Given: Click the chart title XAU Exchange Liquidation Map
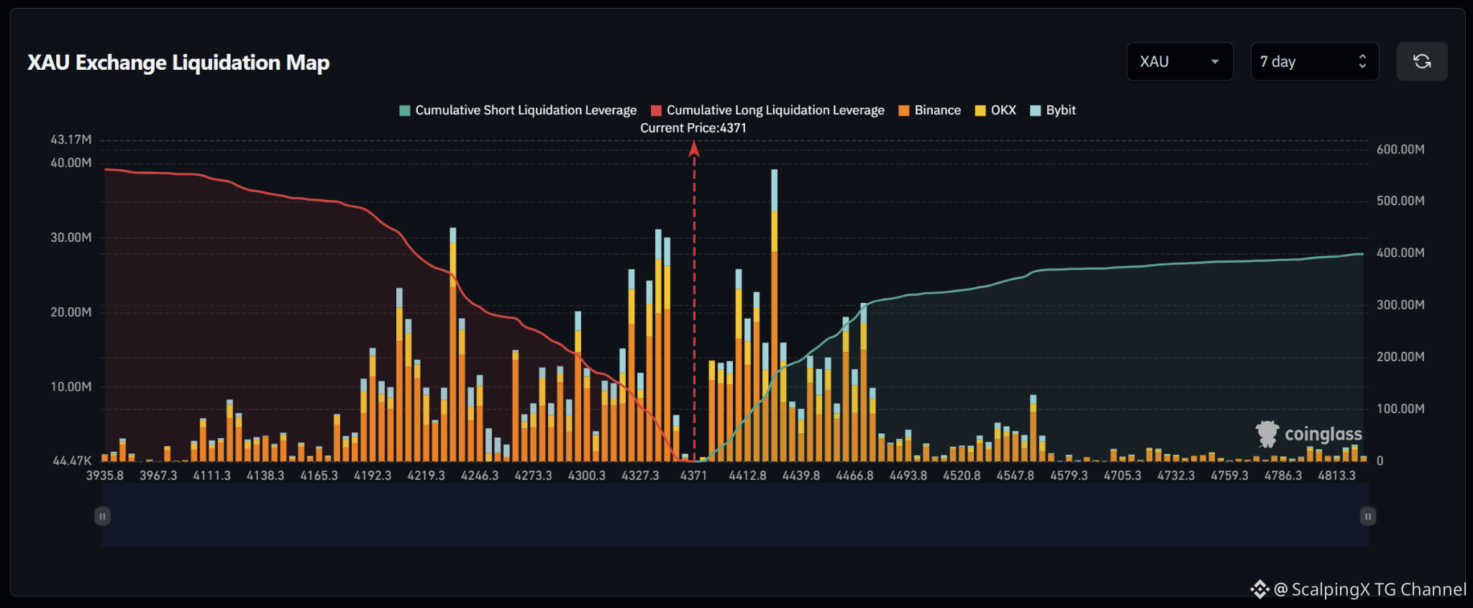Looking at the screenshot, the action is point(178,63).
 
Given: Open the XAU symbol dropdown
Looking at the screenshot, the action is point(1180,62).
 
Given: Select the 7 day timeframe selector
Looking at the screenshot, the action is point(1314,62).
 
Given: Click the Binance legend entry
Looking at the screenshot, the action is point(929,110).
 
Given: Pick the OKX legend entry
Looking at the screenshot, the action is point(995,110).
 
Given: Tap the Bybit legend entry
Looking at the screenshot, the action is point(1053,110).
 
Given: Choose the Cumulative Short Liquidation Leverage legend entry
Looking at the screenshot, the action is point(518,110).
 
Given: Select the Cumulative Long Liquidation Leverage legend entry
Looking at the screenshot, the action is point(767,110).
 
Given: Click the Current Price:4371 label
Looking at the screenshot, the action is point(693,128).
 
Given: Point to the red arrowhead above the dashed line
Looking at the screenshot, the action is point(694,148).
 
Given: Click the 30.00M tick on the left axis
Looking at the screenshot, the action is point(71,237).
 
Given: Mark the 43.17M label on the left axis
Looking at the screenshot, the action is point(71,140).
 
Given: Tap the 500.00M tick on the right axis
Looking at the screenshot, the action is point(1400,201).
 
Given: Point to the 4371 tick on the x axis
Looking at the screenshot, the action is point(693,476).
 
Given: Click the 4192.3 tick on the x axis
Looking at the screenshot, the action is point(373,476).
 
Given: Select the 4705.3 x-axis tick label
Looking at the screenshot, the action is point(1122,476).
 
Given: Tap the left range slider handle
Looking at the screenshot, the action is point(102,516).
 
